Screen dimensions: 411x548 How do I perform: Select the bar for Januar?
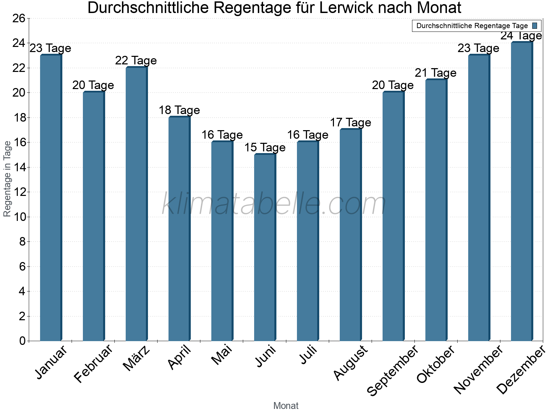click(51, 198)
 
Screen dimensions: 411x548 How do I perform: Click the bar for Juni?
click(265, 248)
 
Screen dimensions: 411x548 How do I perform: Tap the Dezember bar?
click(522, 192)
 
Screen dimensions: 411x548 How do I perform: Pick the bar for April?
click(179, 229)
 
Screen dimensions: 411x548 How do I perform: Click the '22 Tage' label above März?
click(136, 61)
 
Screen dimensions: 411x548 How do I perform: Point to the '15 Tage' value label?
click(265, 148)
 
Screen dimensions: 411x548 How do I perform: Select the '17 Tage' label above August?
click(350, 123)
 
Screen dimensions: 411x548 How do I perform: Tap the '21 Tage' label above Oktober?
click(436, 73)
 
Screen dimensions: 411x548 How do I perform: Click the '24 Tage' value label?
click(521, 36)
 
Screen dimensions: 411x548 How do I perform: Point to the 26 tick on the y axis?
click(19, 18)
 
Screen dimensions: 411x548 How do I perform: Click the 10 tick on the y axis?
click(19, 217)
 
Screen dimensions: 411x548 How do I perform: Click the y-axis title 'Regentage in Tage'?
click(8, 179)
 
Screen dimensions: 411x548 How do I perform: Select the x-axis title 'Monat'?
click(286, 406)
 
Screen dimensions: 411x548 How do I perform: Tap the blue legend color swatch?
click(535, 26)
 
